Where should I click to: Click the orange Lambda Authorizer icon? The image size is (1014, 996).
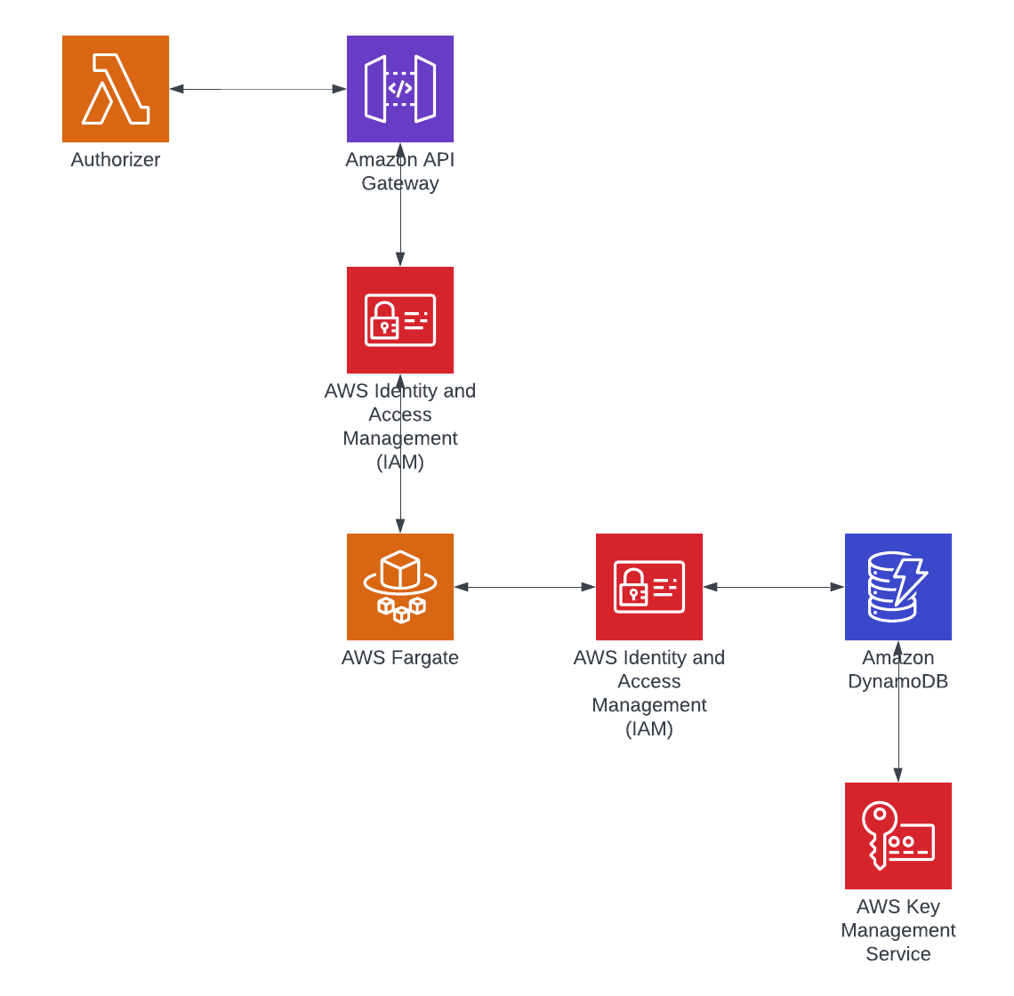click(116, 89)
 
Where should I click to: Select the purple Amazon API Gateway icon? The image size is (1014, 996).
click(400, 89)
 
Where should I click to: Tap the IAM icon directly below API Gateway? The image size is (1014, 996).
click(400, 320)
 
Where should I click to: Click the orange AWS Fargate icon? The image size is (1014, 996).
click(400, 587)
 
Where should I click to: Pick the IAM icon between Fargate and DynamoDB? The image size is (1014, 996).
click(649, 587)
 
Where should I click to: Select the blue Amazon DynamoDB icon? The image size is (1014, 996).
click(898, 587)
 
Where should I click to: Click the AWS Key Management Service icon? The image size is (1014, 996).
click(898, 836)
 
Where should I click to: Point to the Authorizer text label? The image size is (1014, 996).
click(116, 160)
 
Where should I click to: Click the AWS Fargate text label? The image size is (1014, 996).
click(400, 658)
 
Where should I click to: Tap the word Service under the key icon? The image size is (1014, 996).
click(898, 954)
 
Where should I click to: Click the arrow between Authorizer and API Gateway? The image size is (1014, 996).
click(258, 89)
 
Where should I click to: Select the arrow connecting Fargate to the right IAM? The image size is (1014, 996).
click(525, 587)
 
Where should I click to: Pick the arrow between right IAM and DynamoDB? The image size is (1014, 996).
click(774, 587)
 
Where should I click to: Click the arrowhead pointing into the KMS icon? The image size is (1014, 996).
click(898, 775)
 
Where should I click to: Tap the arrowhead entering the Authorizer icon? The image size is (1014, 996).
click(176, 89)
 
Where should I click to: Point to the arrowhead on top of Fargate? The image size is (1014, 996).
click(400, 526)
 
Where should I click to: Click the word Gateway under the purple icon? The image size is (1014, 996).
click(400, 183)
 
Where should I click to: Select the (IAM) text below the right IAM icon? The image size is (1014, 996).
click(649, 729)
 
